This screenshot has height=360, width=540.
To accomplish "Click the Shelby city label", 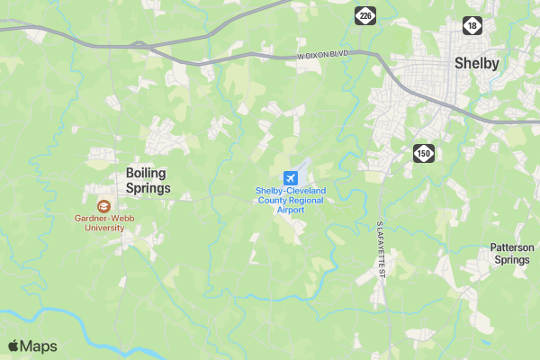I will (x=477, y=63).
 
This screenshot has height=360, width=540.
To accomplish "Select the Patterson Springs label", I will (x=512, y=254).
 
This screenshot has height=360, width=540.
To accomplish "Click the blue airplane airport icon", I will (x=290, y=177).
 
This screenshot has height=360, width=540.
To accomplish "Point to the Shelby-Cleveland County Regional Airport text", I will (x=291, y=200).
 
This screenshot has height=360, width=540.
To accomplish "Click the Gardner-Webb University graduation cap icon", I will (x=103, y=206).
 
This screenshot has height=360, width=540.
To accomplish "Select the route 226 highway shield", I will (x=364, y=16).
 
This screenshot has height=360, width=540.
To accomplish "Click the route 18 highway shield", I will (x=472, y=25).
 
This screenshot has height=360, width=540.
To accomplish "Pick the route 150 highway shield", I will (x=424, y=153).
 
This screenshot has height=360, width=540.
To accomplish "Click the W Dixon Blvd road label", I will (x=323, y=55).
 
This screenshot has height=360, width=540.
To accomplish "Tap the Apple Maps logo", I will (x=32, y=346).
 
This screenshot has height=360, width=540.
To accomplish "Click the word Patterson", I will (x=512, y=247).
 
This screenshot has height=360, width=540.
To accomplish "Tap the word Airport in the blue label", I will (x=291, y=210).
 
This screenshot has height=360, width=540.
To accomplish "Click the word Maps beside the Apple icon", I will (x=40, y=346).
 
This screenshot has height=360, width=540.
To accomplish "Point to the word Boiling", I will (x=147, y=173).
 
